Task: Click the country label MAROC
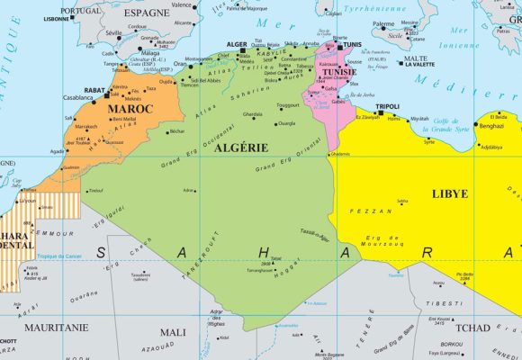click(x=131, y=109)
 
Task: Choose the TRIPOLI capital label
click(x=387, y=105)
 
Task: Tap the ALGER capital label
click(x=238, y=43)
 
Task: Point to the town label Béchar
click(x=176, y=131)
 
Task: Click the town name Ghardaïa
click(x=253, y=114)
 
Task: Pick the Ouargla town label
click(x=287, y=122)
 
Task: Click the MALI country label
click(x=173, y=331)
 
